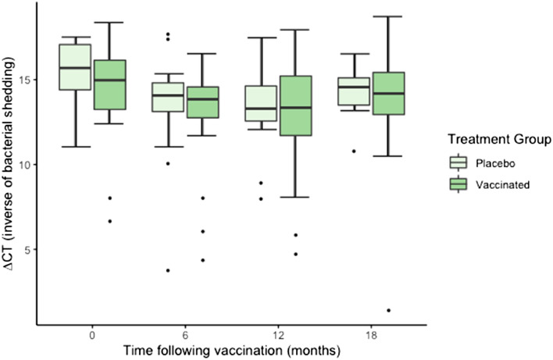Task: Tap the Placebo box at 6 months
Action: [x=167, y=97]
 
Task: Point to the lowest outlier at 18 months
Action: [x=387, y=310]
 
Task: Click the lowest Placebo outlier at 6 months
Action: [x=167, y=270]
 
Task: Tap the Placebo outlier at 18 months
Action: [x=353, y=151]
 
